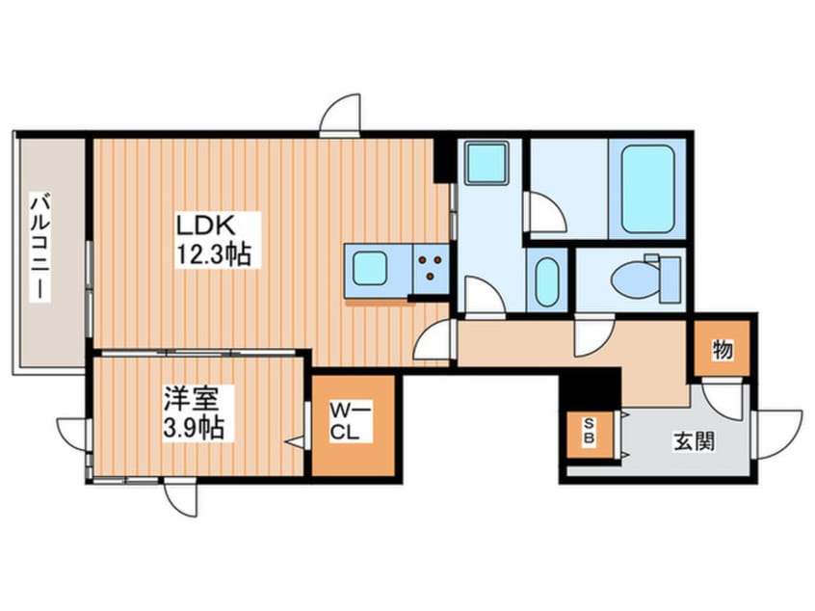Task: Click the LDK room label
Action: pos(206,226)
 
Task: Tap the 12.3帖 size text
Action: pos(215,254)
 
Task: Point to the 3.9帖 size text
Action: pos(194,429)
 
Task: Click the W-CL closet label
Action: pos(351,422)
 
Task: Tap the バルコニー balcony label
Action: pos(40,247)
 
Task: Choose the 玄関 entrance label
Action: pos(694,442)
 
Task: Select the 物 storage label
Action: pos(723,349)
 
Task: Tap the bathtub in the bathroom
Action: pos(647,189)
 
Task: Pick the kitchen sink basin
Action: pos(370,268)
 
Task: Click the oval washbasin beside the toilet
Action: pos(545,281)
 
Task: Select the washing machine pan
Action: pos(486,162)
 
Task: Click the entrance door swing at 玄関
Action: pos(778,435)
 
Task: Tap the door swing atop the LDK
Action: pos(340,115)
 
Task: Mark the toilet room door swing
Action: pos(594,335)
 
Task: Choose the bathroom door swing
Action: pos(546,212)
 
